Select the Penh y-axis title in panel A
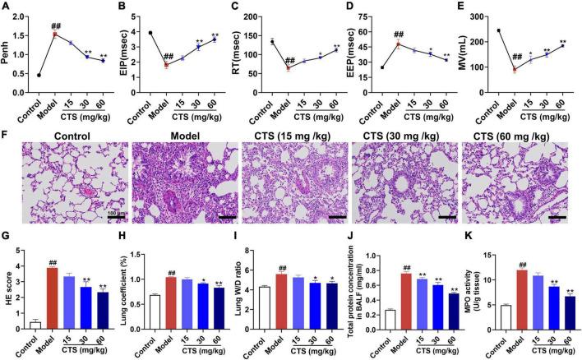click(7, 49)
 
